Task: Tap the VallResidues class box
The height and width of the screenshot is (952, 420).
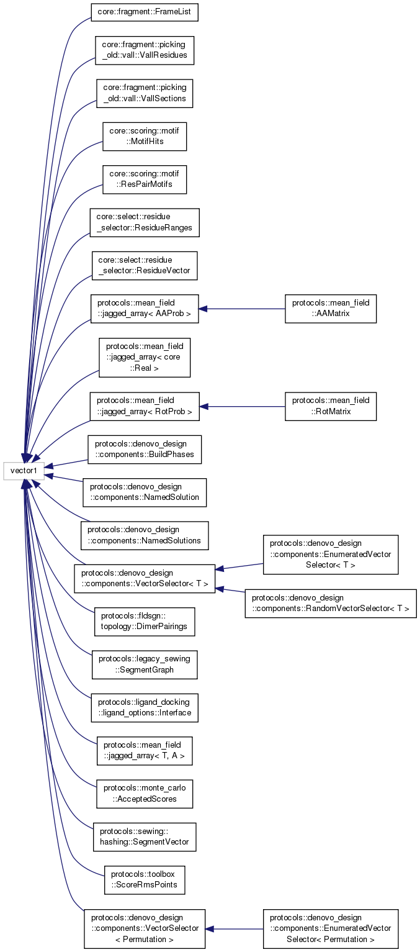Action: (145, 50)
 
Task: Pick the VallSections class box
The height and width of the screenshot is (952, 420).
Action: (145, 93)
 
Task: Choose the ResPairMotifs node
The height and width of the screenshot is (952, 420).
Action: (145, 179)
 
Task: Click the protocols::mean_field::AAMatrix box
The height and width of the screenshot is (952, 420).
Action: (331, 309)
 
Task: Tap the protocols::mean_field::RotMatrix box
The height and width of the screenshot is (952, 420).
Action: (331, 406)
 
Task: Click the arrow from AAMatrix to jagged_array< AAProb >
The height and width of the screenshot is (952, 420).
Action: (242, 309)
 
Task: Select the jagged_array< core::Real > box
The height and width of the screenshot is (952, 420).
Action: (145, 358)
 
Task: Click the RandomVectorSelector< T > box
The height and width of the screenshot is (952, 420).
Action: (331, 603)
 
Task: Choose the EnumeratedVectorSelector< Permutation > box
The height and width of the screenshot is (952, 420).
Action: (331, 929)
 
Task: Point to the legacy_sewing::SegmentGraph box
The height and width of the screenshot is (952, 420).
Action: (145, 665)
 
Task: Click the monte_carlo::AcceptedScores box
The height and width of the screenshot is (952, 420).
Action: (145, 794)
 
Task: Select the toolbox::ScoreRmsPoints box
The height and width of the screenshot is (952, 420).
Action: (145, 880)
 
